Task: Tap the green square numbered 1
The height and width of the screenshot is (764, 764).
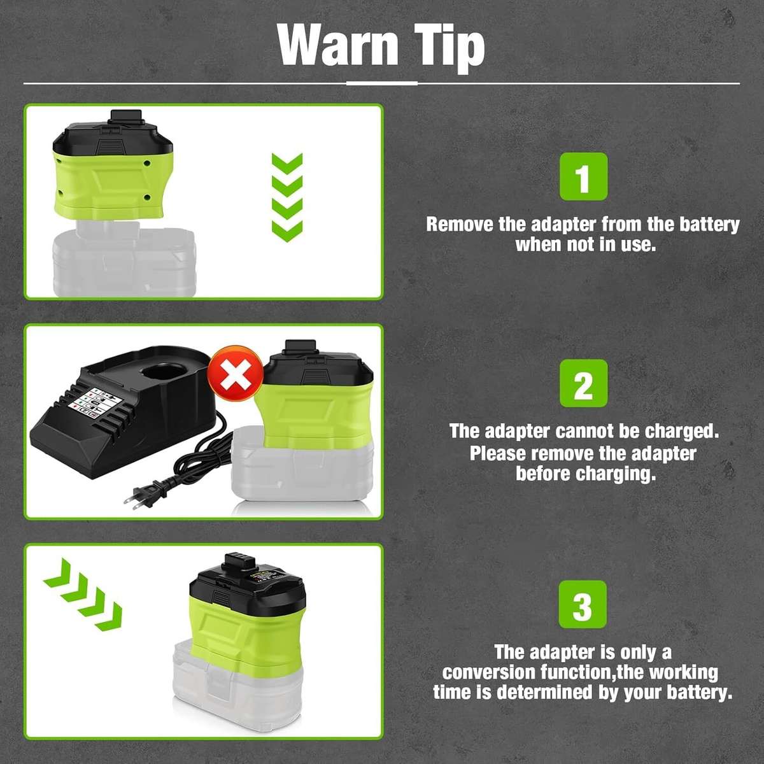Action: click(x=583, y=176)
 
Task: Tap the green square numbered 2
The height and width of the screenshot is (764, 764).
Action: click(x=583, y=384)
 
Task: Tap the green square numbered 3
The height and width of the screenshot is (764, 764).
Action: click(x=583, y=604)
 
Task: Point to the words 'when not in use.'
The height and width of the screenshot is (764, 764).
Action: click(x=585, y=244)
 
